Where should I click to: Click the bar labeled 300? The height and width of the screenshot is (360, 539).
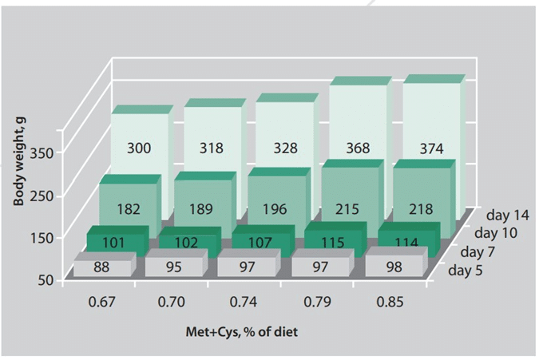click(x=140, y=148)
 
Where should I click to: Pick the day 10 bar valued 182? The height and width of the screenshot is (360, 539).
click(x=128, y=209)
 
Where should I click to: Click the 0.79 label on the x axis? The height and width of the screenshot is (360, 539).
click(x=318, y=303)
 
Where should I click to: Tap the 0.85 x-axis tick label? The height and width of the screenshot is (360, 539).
click(x=390, y=303)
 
